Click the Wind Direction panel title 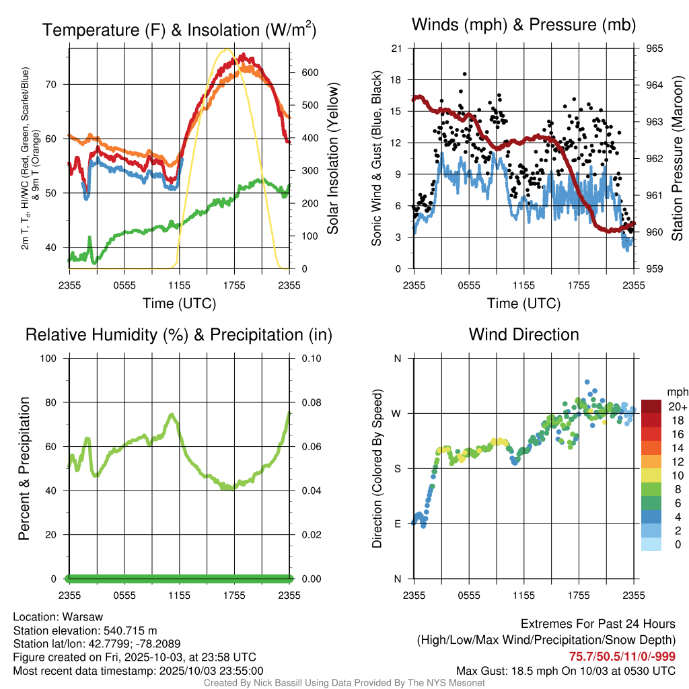(x=523, y=334)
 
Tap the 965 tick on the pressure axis (x=655, y=48)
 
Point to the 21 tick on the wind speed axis (x=396, y=48)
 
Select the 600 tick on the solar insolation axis (x=299, y=73)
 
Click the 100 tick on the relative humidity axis (x=55, y=358)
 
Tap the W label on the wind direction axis (x=397, y=413)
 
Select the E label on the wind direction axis (x=397, y=523)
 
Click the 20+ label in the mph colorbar (x=677, y=407)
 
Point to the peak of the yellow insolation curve (x=227, y=50)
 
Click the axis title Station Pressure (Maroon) (x=678, y=158)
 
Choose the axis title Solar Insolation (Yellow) (x=332, y=158)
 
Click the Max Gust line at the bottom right (x=565, y=671)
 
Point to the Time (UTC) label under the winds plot (x=523, y=303)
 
